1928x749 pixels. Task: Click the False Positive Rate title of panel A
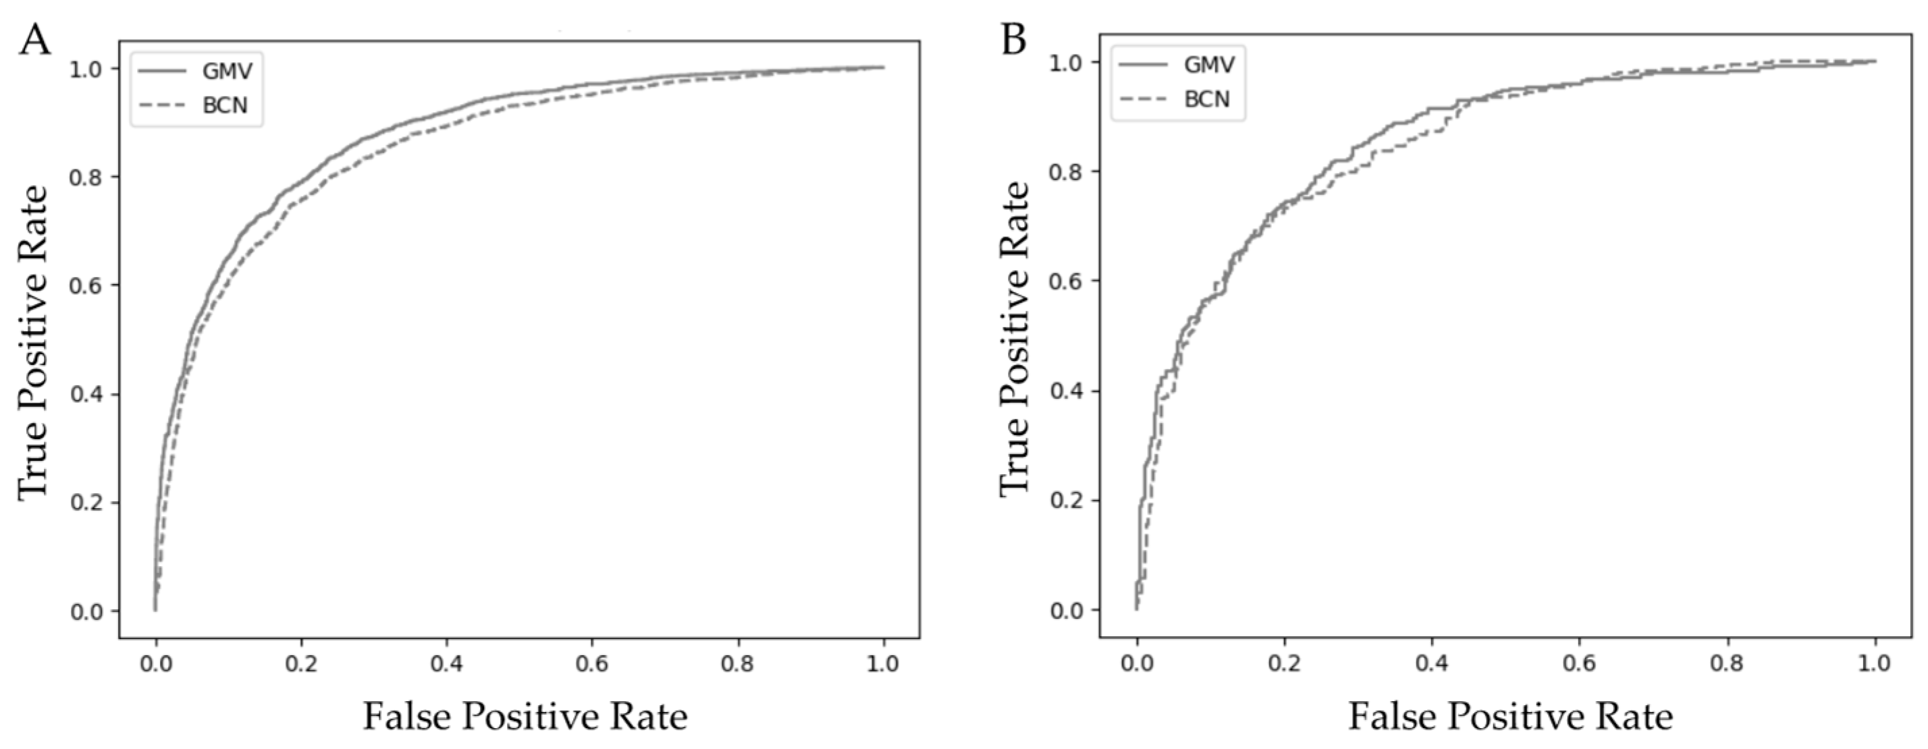[525, 716]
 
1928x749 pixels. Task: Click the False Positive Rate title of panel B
[1510, 716]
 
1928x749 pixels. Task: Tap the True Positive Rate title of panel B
[1014, 338]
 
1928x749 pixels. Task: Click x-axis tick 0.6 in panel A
[592, 665]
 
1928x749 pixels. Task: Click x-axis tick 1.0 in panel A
[883, 665]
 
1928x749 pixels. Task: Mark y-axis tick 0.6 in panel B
[1067, 281]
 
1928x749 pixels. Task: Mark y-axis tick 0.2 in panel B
[1067, 500]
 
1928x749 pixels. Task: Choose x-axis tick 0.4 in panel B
[1431, 665]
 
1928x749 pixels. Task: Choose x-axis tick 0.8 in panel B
[1728, 665]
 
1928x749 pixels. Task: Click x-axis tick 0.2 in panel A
[301, 665]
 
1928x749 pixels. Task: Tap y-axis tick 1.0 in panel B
[1067, 61]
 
